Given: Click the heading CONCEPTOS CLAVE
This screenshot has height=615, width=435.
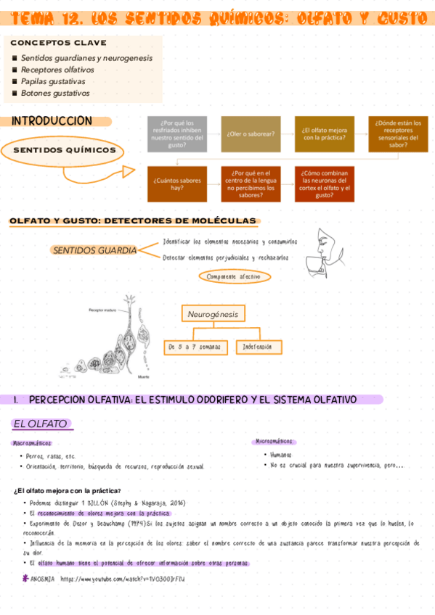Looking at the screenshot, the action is pyautogui.click(x=58, y=44).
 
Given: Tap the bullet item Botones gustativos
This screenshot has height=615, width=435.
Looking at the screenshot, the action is pyautogui.click(x=55, y=93).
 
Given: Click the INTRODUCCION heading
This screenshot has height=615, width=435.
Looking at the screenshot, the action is pyautogui.click(x=52, y=121).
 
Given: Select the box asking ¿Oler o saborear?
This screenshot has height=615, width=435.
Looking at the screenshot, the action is pyautogui.click(x=250, y=134).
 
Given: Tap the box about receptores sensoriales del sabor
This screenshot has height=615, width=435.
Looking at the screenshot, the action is pyautogui.click(x=397, y=134).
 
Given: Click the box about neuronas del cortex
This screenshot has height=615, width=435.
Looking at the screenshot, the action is pyautogui.click(x=324, y=183).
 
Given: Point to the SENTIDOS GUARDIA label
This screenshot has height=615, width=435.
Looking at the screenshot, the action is pyautogui.click(x=94, y=250).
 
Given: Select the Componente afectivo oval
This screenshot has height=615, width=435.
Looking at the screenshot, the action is pyautogui.click(x=234, y=276).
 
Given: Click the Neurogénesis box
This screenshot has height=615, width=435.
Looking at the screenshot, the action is pyautogui.click(x=213, y=314).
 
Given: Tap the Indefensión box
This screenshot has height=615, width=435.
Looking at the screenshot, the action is pyautogui.click(x=259, y=347).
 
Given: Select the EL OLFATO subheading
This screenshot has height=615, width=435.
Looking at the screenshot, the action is pyautogui.click(x=41, y=424).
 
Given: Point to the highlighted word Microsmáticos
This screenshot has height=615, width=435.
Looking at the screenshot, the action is pyautogui.click(x=275, y=441).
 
